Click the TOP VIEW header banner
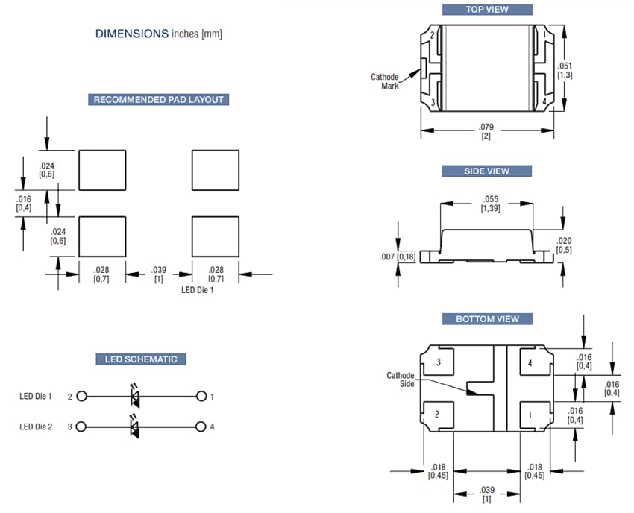[x=486, y=10]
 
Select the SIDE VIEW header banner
[x=486, y=171]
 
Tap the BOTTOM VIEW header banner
[x=486, y=319]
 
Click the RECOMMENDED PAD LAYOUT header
[x=157, y=100]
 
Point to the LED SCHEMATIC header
[x=140, y=359]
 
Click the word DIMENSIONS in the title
[x=131, y=34]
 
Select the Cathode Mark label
[x=385, y=81]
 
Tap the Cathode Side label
[x=400, y=380]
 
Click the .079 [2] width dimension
[x=486, y=131]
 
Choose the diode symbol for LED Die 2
[x=135, y=427]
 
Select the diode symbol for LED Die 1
[x=135, y=397]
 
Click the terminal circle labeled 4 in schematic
[x=201, y=427]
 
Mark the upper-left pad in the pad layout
[x=101, y=171]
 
